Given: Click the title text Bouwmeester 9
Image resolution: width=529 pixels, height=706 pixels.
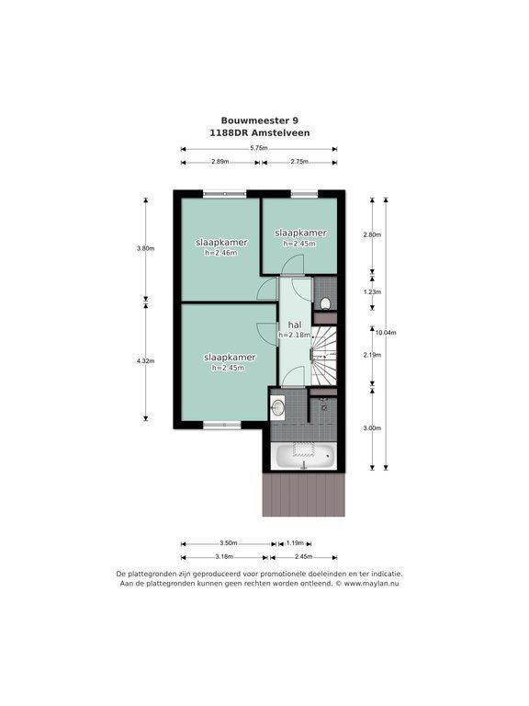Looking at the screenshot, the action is [259, 120].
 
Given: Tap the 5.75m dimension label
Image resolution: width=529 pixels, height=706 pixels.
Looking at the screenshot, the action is [259, 148].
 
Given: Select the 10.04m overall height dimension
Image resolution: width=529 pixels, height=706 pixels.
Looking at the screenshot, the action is [386, 333].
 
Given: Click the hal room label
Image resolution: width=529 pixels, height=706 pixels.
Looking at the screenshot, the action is [295, 325].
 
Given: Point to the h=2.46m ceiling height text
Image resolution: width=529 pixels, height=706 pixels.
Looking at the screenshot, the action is [220, 253].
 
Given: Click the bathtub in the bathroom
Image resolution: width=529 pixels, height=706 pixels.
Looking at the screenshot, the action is [305, 457].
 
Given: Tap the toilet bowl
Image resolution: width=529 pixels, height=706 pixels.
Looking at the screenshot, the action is [325, 303].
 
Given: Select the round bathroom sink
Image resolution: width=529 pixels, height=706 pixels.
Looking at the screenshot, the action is [278, 407].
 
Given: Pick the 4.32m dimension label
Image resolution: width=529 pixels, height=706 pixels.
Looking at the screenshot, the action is [146, 360].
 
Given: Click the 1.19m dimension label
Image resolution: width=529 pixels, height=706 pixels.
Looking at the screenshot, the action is [295, 542].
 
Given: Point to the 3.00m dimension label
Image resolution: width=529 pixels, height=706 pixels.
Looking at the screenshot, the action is [372, 427].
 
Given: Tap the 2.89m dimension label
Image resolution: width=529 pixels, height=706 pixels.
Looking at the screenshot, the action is [220, 161].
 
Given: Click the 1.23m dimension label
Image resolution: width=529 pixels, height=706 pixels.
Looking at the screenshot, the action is [372, 291].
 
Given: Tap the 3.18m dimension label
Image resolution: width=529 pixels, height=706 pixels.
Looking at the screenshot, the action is [224, 556].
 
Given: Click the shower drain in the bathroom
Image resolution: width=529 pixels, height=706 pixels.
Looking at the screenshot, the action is [324, 408].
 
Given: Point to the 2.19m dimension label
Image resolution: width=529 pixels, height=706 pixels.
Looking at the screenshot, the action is [372, 355].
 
